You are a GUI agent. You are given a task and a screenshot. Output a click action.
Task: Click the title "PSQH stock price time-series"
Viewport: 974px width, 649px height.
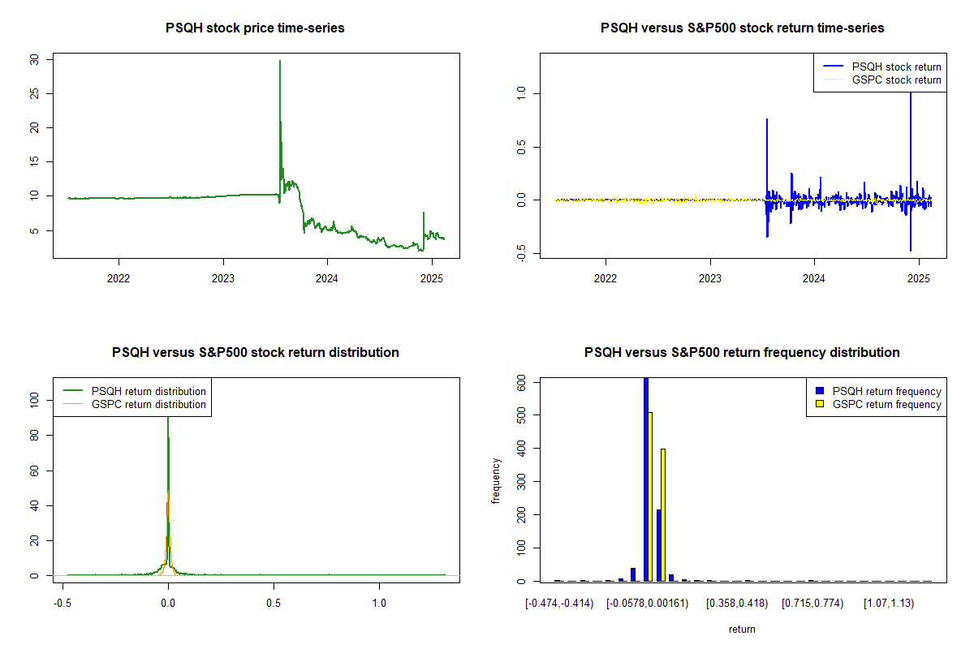coord(255,28)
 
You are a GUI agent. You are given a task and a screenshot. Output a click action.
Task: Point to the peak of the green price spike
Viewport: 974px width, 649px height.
coord(280,61)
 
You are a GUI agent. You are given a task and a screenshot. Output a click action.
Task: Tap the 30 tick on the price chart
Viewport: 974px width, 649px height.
coord(33,59)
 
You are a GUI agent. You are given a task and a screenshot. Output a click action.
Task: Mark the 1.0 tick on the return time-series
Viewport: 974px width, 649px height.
coord(520,93)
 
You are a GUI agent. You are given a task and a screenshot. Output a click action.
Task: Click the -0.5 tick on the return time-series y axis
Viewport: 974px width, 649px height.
coord(520,254)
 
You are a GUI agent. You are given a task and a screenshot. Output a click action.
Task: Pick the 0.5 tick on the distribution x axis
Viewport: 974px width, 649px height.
coord(274,604)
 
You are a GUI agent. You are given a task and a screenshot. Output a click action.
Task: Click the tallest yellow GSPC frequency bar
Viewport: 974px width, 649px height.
coord(650,496)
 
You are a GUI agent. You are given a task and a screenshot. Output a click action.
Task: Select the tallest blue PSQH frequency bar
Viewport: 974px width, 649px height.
coord(645,479)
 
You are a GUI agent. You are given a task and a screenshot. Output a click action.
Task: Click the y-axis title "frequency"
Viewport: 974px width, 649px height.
coord(496,481)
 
